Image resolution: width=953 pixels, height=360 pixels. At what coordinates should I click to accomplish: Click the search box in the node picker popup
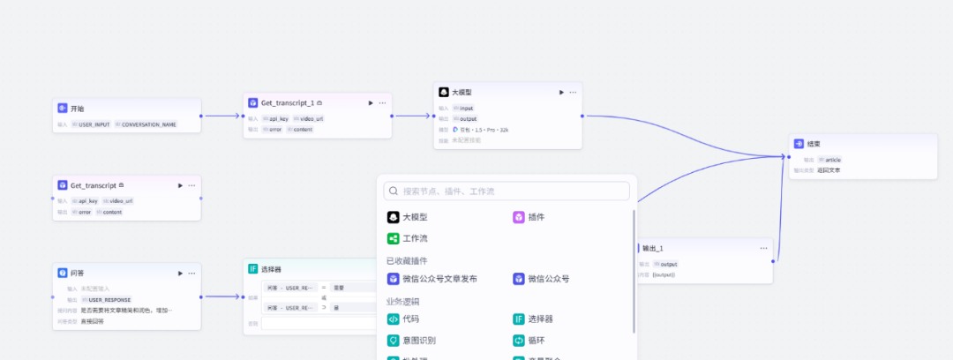(512, 191)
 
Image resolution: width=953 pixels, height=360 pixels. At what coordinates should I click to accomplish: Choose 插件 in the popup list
(536, 217)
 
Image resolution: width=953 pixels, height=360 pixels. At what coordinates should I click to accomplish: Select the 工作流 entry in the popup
(415, 238)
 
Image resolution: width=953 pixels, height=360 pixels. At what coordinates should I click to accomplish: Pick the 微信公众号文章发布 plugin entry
(439, 279)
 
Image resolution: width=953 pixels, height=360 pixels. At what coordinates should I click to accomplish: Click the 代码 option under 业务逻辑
(410, 319)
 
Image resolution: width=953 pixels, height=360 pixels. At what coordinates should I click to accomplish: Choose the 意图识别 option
(418, 340)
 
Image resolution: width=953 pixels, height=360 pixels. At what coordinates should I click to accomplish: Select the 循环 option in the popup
(537, 340)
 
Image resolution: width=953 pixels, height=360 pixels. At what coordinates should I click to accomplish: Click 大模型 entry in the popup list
(415, 217)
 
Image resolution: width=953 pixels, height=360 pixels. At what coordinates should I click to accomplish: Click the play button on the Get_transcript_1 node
(371, 103)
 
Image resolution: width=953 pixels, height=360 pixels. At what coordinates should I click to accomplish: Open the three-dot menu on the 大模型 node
(573, 92)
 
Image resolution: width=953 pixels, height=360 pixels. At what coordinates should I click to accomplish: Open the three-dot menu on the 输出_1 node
(763, 248)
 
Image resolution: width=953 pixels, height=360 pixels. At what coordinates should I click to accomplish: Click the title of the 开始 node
(77, 109)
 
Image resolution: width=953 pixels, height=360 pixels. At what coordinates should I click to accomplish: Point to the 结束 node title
(813, 144)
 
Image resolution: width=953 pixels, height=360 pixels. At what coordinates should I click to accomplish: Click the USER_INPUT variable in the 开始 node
(94, 124)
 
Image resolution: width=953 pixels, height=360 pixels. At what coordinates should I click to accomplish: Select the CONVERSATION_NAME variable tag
(148, 124)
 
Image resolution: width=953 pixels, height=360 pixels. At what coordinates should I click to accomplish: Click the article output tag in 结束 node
(833, 160)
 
